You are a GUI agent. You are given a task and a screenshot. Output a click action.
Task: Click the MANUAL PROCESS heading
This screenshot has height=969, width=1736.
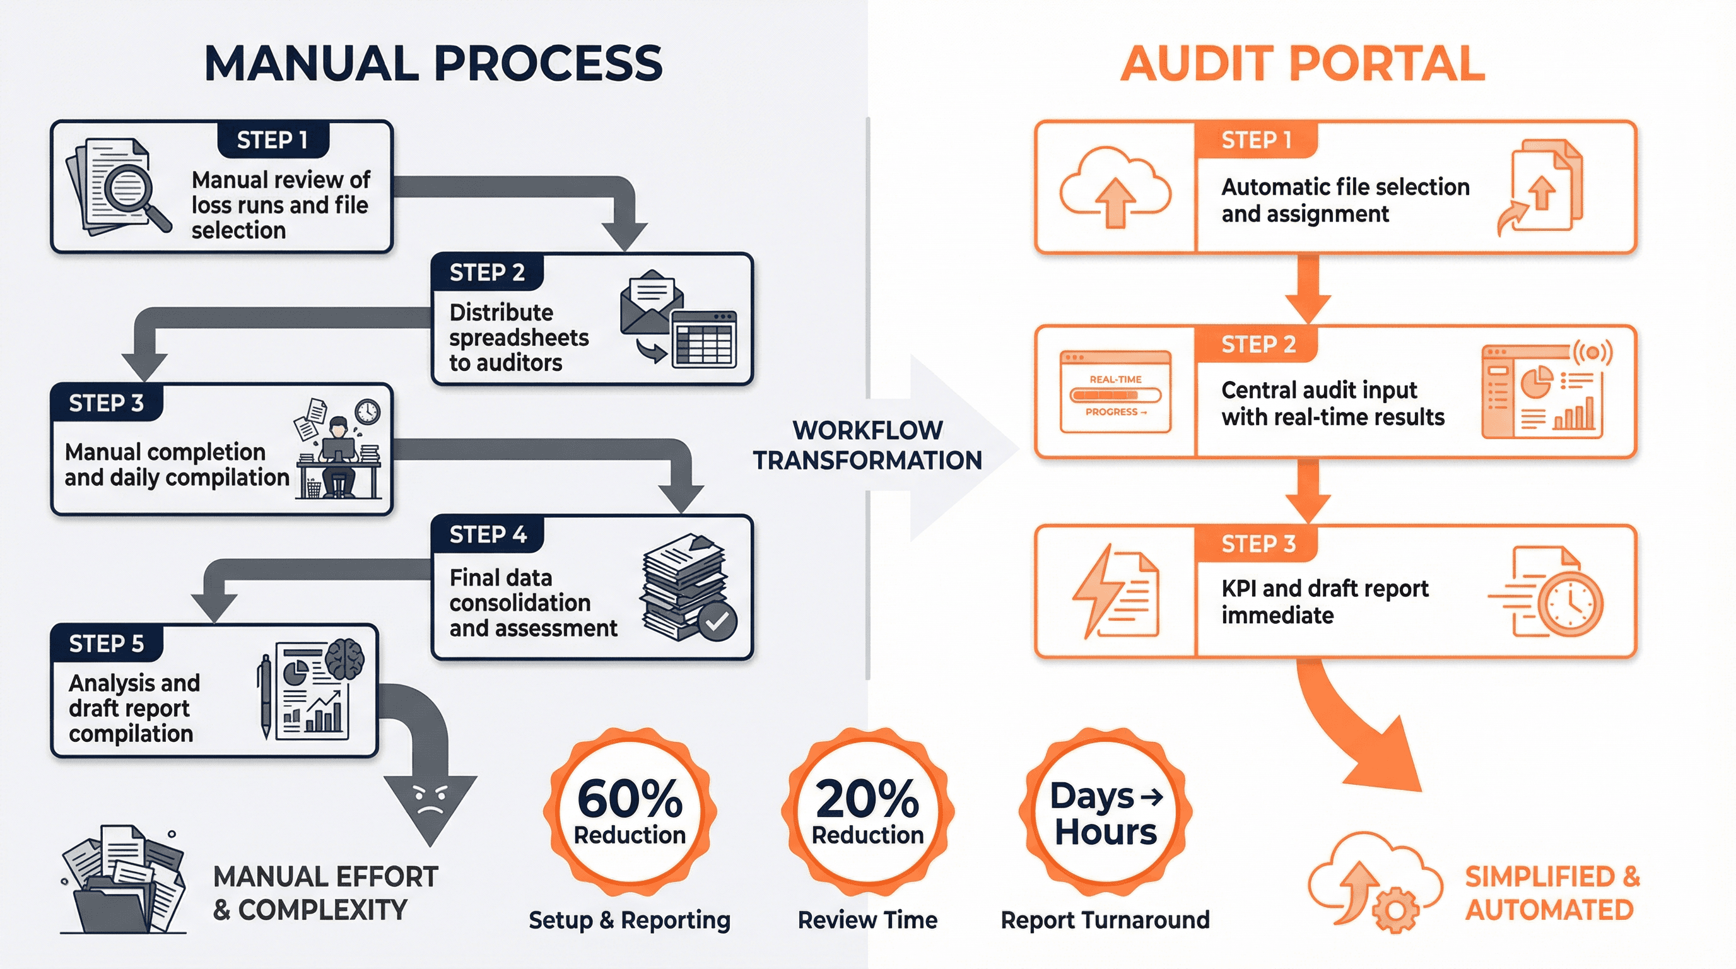(x=433, y=64)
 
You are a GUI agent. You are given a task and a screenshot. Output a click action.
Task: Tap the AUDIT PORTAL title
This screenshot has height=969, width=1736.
(x=1302, y=64)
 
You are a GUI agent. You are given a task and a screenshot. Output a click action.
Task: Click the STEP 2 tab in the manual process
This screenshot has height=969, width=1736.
(x=486, y=273)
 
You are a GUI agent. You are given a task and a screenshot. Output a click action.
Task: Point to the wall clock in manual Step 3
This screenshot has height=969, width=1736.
(x=367, y=411)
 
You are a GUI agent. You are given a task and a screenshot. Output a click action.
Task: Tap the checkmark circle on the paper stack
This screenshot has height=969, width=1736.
(x=717, y=621)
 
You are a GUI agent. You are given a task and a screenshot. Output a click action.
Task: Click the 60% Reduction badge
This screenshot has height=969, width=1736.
(x=630, y=812)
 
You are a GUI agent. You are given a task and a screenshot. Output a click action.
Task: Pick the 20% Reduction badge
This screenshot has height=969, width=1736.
(x=867, y=812)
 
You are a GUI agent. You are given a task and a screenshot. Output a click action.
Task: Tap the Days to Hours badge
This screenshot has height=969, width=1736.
(x=1105, y=812)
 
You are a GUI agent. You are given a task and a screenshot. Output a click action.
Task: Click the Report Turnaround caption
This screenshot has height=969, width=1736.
(x=1105, y=920)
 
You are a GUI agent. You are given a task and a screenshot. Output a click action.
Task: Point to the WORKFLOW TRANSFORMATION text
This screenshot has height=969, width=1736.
(x=867, y=445)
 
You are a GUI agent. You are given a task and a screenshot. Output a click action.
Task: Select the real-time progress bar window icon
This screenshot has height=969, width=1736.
(x=1115, y=392)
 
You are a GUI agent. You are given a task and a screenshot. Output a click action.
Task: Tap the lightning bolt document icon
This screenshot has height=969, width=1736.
(x=1115, y=591)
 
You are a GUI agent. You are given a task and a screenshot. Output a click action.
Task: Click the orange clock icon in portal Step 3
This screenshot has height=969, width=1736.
(x=1569, y=604)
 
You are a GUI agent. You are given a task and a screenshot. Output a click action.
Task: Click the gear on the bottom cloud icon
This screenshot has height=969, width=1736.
(x=1395, y=910)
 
